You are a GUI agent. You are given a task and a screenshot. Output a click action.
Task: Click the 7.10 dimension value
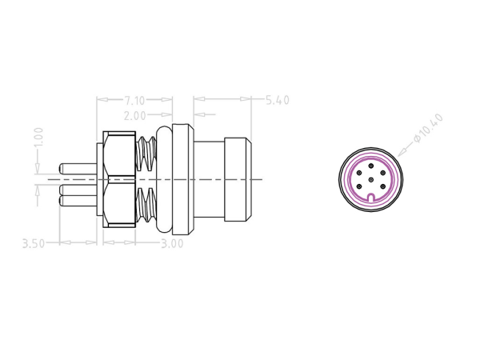[134, 101]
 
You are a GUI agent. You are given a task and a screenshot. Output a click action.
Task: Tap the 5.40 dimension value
[275, 101]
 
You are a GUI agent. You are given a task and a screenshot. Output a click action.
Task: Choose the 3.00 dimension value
[171, 242]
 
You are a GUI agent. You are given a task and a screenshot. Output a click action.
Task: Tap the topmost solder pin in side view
[78, 170]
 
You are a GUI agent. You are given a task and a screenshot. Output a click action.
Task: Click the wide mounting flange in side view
[182, 181]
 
